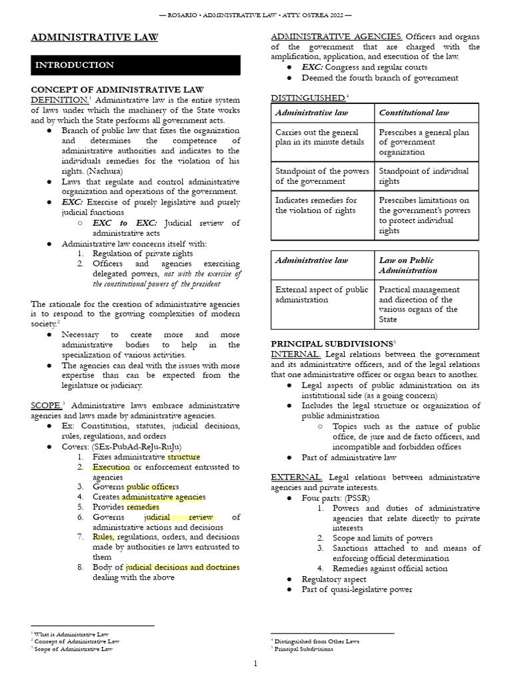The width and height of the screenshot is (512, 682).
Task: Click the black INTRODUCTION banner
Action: [135, 65]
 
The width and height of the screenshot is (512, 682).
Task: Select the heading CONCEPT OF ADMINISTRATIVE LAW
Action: [117, 89]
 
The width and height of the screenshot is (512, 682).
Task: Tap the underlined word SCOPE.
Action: [45, 406]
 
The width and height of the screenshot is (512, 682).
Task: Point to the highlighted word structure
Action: [183, 457]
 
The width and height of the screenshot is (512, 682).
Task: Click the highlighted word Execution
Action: [111, 467]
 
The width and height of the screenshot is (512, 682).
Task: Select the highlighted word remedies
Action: [143, 507]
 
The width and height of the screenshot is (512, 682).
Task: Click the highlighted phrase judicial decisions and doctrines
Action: [182, 567]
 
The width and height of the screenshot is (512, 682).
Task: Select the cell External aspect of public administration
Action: [321, 294]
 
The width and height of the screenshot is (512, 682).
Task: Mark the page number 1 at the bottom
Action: [255, 663]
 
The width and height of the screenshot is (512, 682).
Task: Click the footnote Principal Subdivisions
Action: [304, 649]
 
